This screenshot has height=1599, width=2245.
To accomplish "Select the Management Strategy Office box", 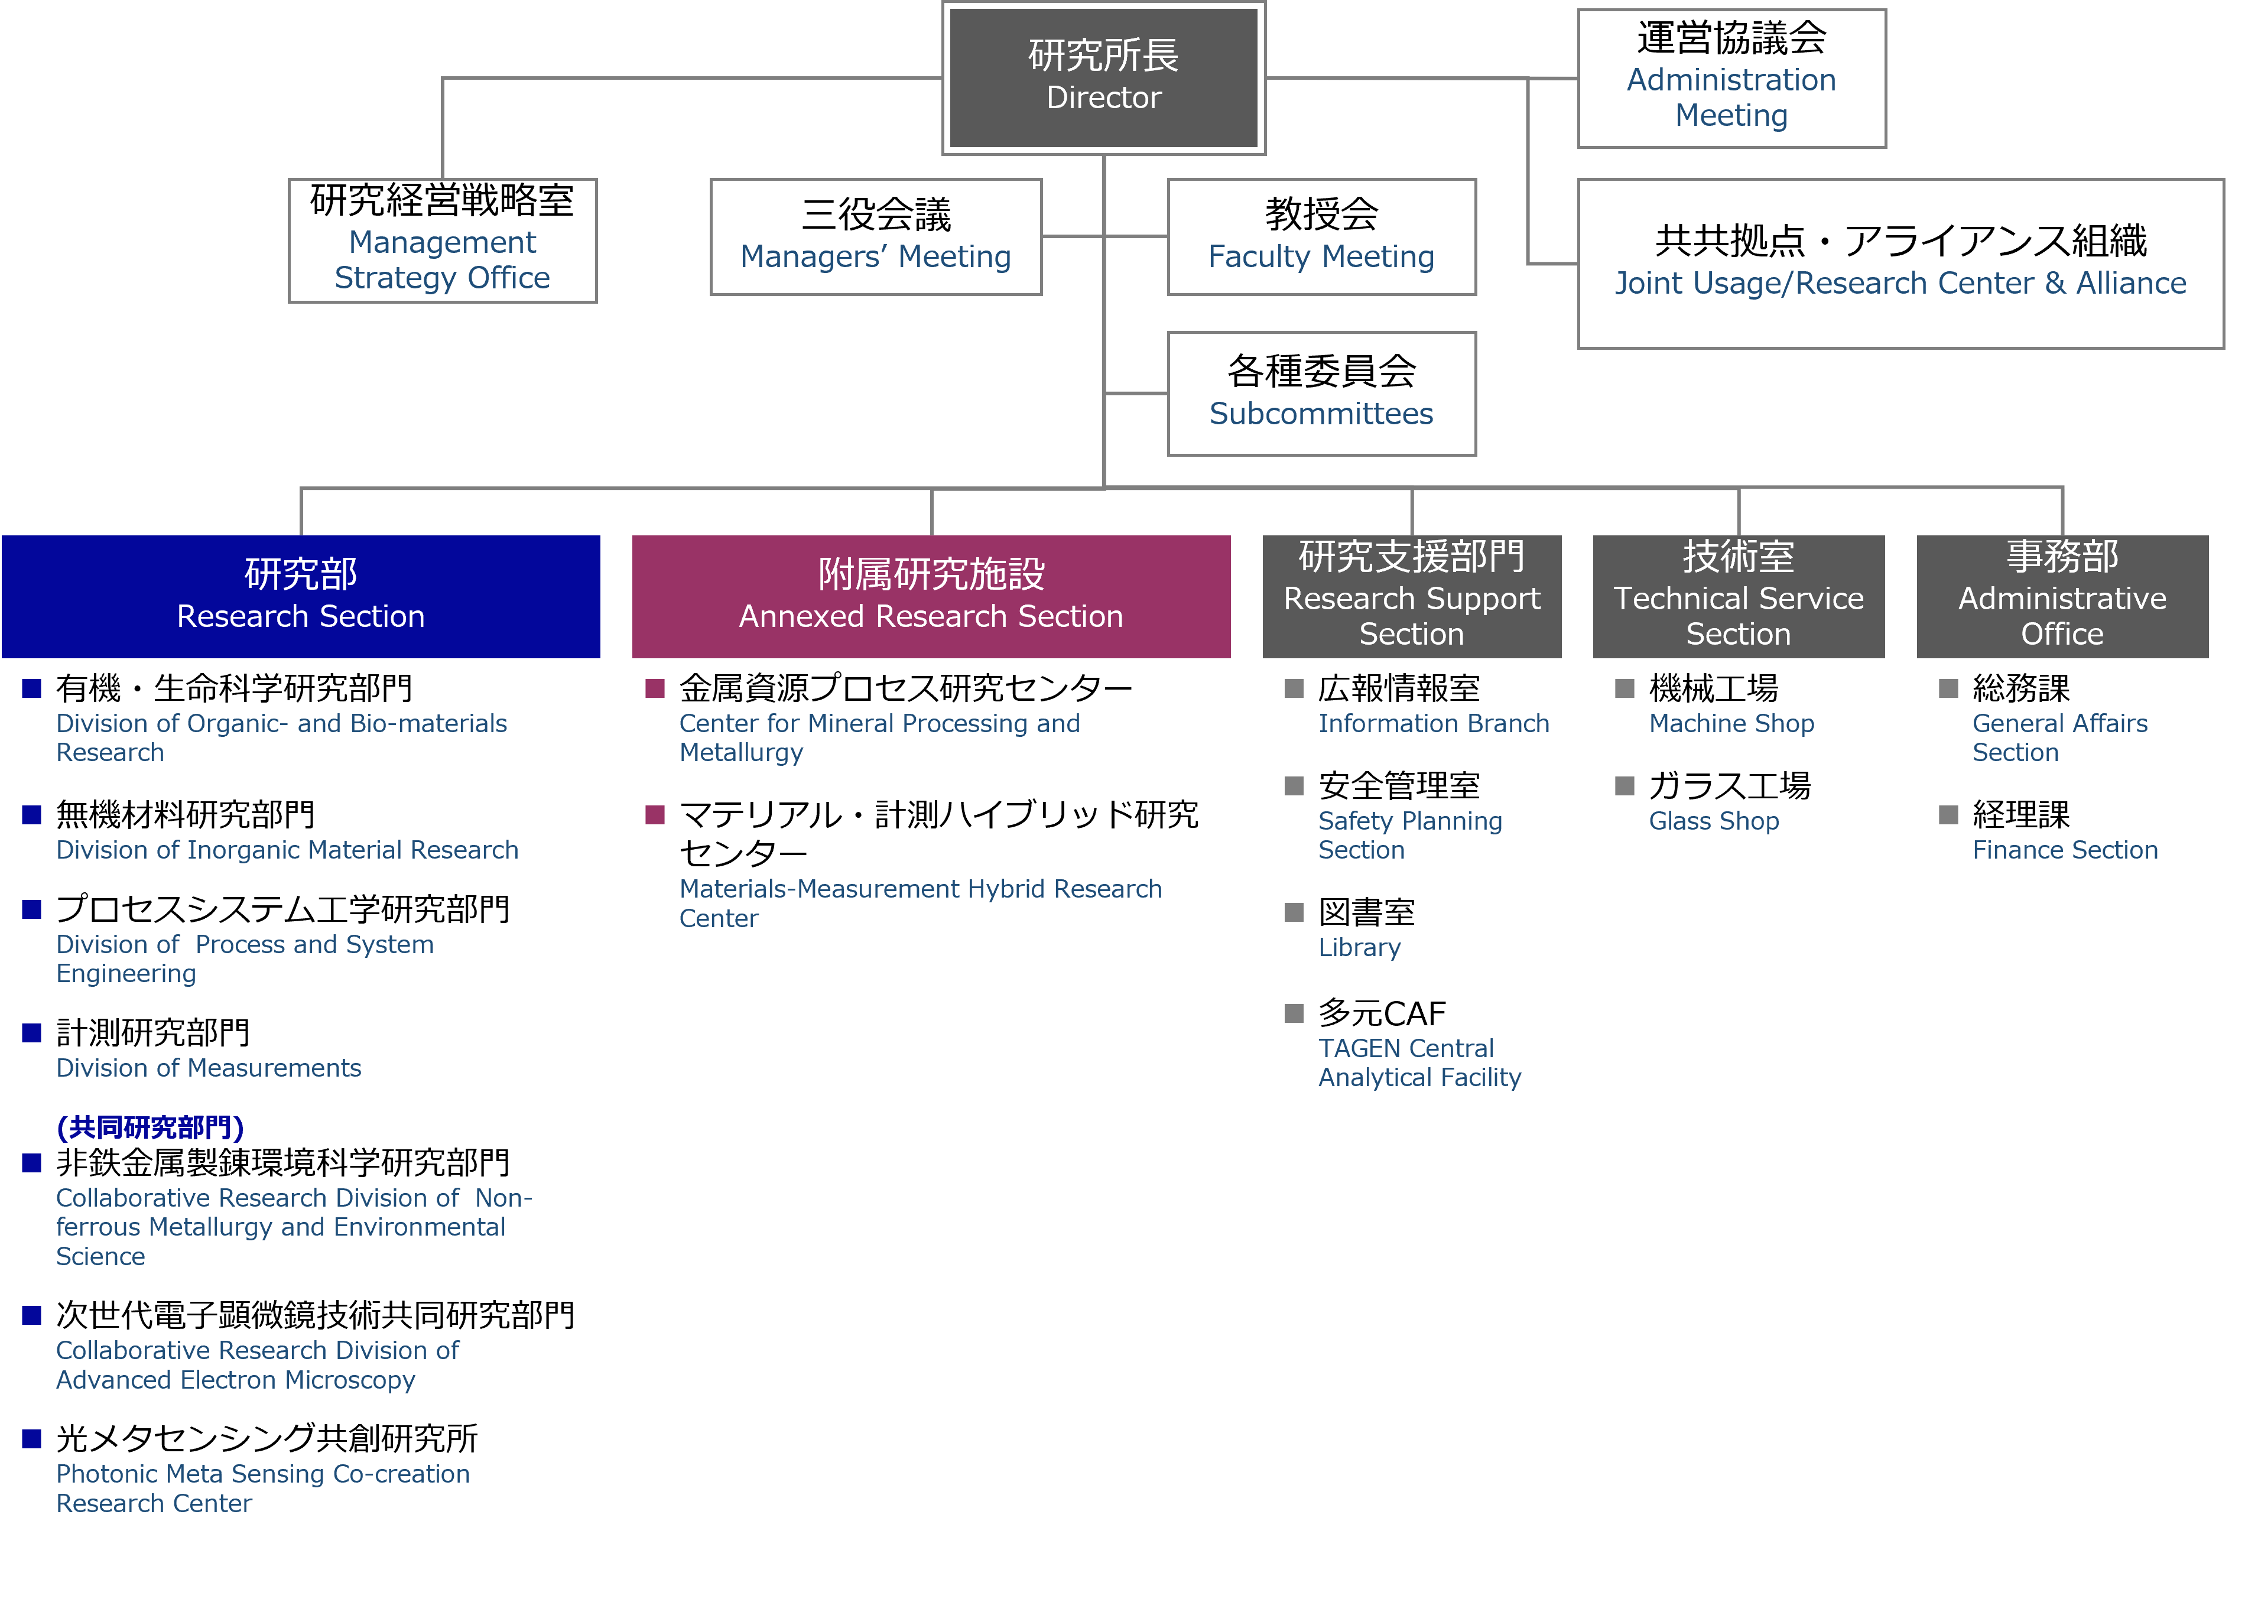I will click(442, 240).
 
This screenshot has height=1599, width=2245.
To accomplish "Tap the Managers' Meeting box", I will click(875, 236).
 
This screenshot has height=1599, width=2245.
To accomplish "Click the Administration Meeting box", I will click(1731, 79).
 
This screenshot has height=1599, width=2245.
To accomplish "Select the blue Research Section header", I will click(300, 596).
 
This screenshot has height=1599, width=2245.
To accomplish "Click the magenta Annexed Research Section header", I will click(931, 596).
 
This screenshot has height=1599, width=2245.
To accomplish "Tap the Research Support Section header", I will click(1411, 596).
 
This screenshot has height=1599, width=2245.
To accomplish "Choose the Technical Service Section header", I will click(1738, 596).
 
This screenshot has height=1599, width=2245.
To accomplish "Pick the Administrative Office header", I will click(2062, 596).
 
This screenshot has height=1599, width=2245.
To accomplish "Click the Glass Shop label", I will click(1713, 821).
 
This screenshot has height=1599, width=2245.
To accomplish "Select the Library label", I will click(1359, 947).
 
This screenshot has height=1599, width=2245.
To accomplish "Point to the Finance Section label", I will click(2065, 850).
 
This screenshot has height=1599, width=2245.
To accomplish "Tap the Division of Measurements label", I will click(209, 1068).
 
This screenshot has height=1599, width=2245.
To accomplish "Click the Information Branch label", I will click(1434, 724).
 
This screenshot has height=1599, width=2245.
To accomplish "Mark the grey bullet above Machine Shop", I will click(1625, 688).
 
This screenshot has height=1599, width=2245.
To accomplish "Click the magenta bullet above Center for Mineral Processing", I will click(655, 688).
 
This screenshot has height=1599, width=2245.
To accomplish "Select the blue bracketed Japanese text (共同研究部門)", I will click(150, 1127).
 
